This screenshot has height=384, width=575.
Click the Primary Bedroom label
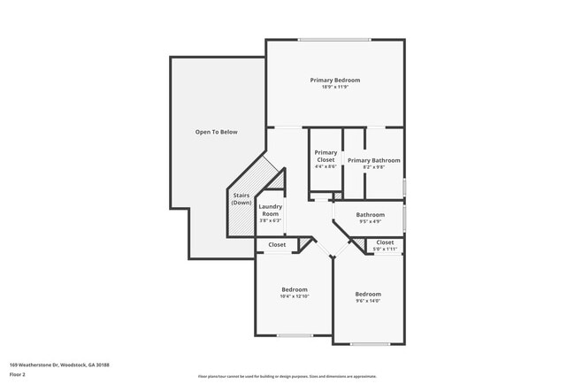(x=334, y=81)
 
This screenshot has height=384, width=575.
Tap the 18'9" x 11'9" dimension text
(x=334, y=88)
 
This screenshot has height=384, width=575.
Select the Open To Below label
(x=217, y=132)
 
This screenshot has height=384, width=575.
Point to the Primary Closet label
(x=326, y=156)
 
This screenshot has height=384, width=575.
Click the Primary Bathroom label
(x=373, y=160)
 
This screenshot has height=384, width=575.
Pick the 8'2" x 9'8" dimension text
(x=373, y=167)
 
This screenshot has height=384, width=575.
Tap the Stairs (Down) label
(x=241, y=199)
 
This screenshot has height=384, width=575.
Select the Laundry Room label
(x=271, y=211)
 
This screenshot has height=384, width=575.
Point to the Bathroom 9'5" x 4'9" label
(x=370, y=217)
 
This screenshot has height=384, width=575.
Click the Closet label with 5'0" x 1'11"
(x=385, y=245)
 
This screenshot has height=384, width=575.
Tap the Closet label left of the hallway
(x=277, y=245)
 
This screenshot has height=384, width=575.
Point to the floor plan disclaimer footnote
(x=287, y=376)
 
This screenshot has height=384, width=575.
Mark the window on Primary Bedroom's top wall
(x=334, y=39)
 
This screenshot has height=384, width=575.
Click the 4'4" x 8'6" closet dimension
(x=326, y=166)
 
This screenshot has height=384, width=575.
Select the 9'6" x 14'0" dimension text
(x=368, y=302)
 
